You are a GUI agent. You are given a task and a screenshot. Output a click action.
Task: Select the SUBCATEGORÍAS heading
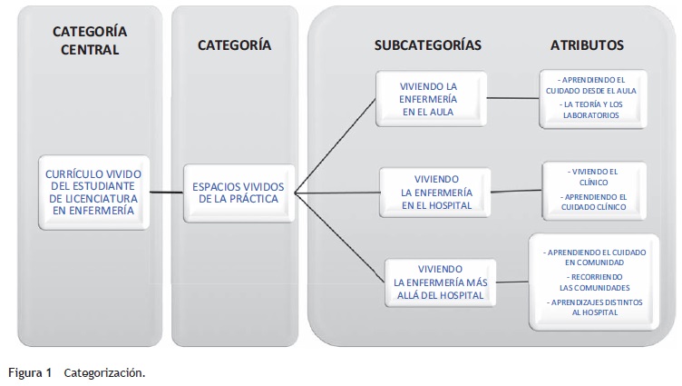427,45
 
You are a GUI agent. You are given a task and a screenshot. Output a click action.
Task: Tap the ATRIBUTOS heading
587,45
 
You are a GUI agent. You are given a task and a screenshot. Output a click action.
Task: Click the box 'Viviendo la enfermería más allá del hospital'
440,282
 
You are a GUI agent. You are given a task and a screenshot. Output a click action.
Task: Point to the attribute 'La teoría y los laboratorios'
593,110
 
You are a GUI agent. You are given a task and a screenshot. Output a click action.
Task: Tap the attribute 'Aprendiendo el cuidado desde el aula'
593,85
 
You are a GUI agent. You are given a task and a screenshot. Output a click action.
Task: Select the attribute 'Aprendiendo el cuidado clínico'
595,202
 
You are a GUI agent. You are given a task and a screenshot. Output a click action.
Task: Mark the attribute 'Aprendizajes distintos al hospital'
595,306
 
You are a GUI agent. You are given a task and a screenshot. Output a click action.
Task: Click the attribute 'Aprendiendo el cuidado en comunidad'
595,255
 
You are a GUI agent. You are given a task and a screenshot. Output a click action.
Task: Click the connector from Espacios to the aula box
336,143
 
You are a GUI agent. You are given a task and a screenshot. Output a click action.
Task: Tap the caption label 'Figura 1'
30,372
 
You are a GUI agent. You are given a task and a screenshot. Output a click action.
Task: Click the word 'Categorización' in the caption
104,372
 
